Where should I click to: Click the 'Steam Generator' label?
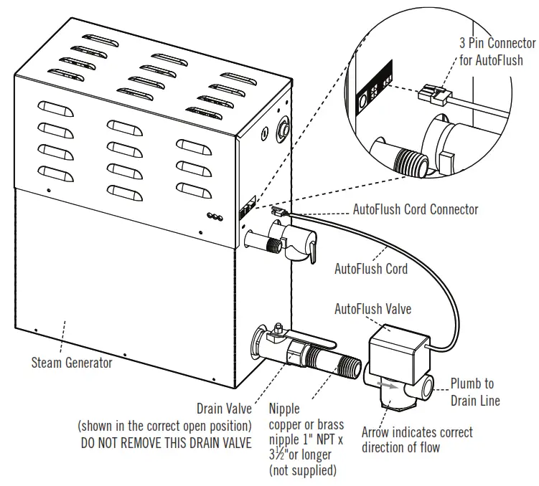click(72, 363)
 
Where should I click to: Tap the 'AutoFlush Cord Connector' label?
click(415, 209)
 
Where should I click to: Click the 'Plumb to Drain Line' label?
click(472, 392)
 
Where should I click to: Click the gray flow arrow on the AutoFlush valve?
click(388, 385)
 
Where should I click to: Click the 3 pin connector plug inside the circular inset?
click(433, 95)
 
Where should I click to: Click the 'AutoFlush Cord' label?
click(370, 269)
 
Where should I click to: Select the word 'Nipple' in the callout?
click(284, 409)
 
